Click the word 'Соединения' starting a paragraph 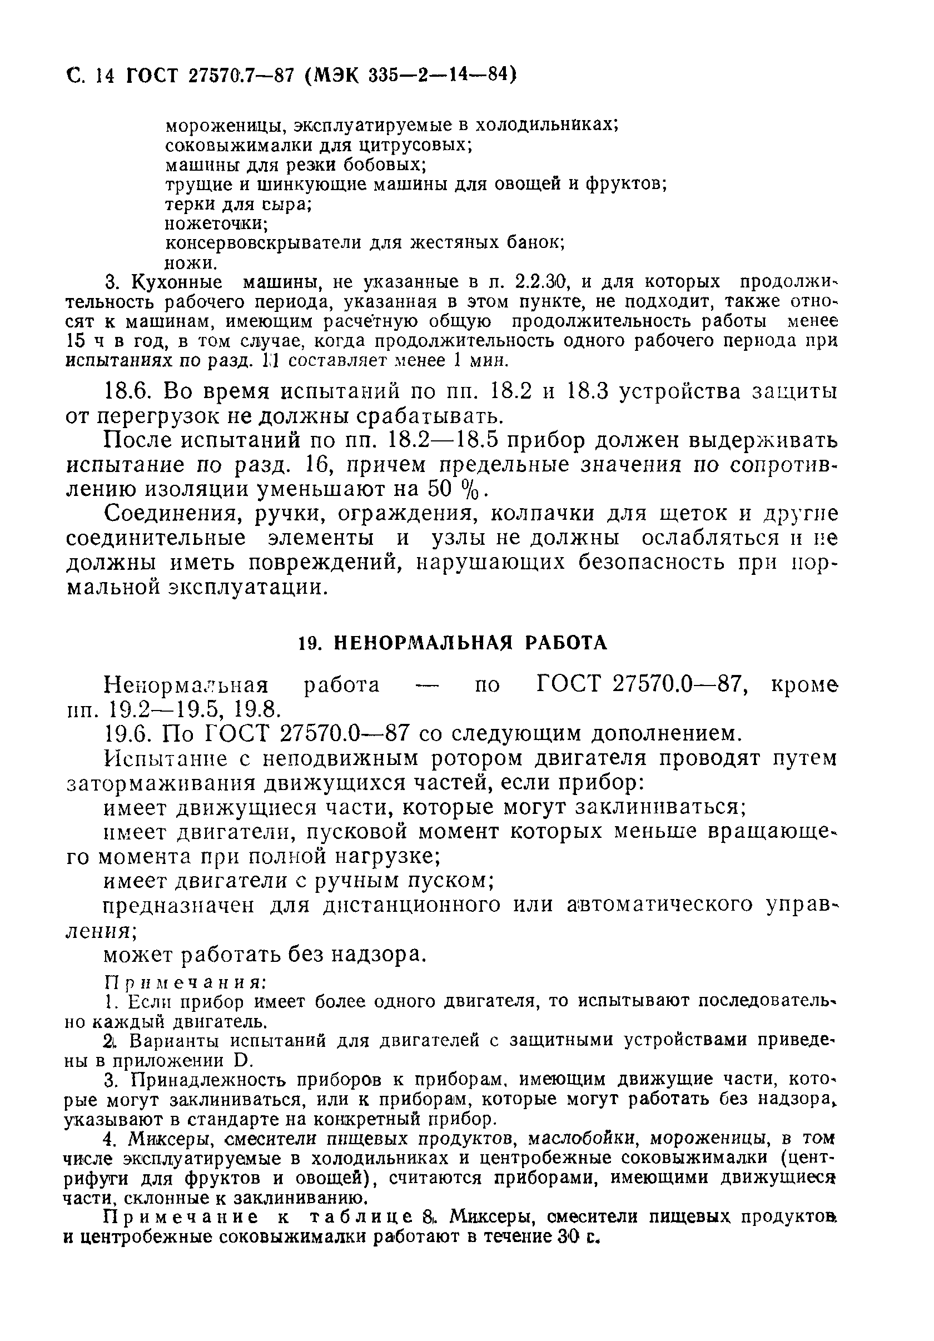[x=174, y=513]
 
